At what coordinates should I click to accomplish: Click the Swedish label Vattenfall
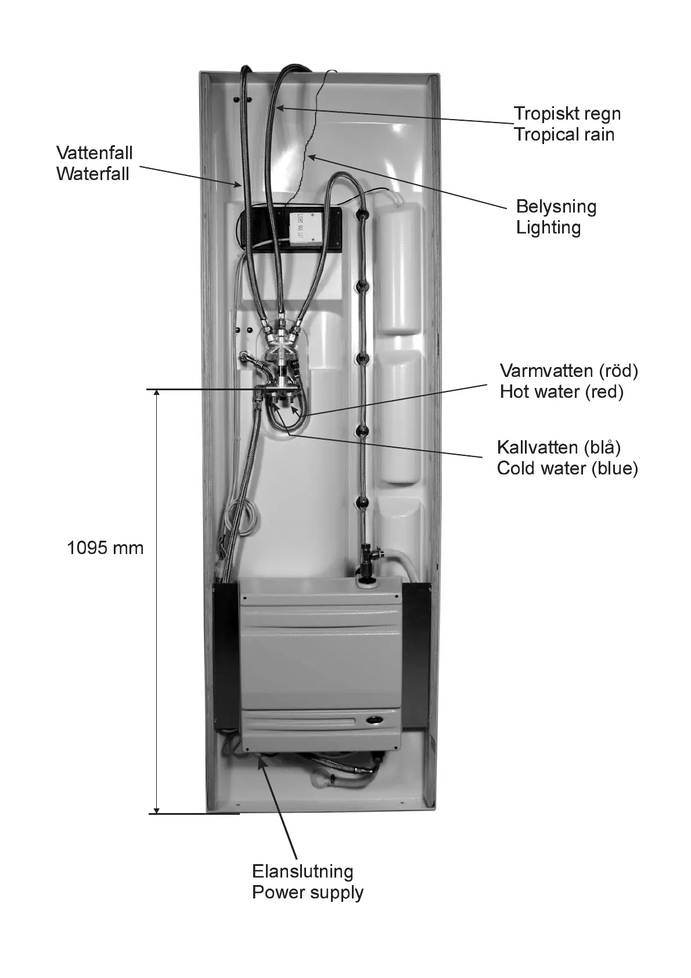coord(95,153)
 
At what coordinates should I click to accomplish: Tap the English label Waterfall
coord(93,174)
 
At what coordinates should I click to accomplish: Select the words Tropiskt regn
coord(567,114)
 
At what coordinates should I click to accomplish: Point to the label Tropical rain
coord(564,135)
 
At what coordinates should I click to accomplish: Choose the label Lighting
coord(548,227)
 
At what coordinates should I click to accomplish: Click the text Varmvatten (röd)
coord(568,371)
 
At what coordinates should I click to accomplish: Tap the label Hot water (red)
coord(561,391)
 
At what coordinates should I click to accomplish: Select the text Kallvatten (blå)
coord(559,447)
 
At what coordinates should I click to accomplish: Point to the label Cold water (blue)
coord(567,468)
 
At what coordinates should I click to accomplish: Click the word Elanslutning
coord(302,871)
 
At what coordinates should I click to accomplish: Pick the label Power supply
coord(307,892)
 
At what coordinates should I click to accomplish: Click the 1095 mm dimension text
coord(105,548)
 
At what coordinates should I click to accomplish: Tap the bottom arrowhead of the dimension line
coord(156,809)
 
